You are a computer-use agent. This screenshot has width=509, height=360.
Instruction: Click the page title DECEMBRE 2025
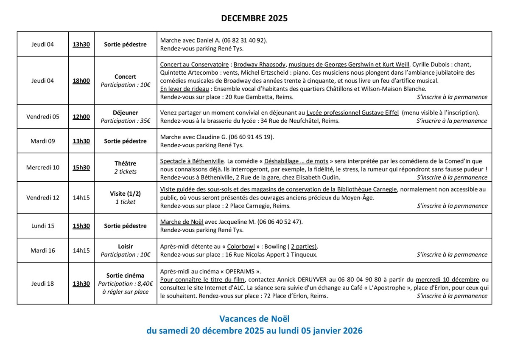(254, 18)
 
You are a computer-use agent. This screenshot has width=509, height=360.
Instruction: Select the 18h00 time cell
(81, 81)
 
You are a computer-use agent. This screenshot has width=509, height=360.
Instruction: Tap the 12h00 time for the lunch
(81, 117)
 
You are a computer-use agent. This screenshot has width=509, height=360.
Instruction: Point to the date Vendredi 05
(43, 117)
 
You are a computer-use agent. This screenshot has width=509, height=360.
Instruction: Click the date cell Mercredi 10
(43, 167)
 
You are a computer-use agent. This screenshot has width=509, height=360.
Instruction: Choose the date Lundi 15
(43, 226)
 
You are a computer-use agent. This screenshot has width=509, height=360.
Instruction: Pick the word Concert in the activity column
(125, 77)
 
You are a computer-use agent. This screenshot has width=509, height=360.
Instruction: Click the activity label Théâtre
(125, 163)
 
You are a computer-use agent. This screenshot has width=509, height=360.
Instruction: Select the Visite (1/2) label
(125, 194)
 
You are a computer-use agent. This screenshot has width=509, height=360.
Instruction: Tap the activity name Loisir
(125, 246)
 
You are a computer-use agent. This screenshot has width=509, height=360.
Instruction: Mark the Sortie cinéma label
(125, 276)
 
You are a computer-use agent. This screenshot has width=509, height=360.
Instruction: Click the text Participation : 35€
(125, 121)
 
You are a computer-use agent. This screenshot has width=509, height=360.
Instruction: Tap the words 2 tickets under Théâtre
(125, 172)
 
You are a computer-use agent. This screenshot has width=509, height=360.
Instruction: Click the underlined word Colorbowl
(241, 247)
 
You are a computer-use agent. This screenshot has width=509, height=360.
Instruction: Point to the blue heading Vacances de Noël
(254, 318)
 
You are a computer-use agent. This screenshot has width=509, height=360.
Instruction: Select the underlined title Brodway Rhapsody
(260, 65)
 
